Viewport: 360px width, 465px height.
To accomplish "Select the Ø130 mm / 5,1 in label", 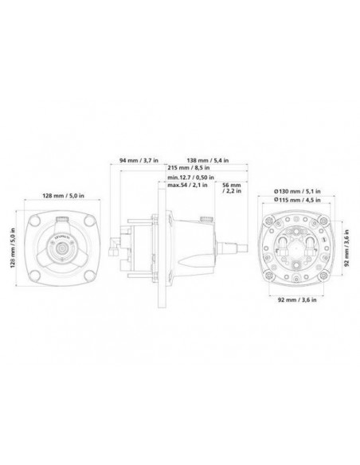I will coord(294,192).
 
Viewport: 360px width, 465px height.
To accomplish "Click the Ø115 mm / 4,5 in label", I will coord(294,201).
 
